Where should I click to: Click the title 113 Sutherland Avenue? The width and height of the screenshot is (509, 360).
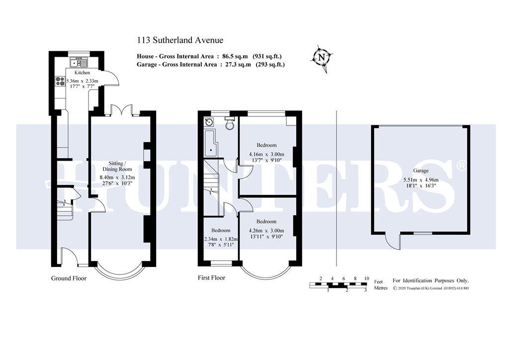(x=180, y=40)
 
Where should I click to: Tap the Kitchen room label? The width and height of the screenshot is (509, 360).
(x=82, y=73)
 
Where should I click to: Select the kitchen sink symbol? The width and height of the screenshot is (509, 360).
(x=78, y=62)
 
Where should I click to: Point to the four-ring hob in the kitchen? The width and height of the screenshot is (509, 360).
(x=60, y=81)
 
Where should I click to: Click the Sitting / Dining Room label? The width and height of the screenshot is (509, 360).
(x=117, y=166)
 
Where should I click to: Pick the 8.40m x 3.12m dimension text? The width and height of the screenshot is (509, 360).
(x=117, y=177)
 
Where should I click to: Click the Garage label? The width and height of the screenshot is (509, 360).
(x=421, y=171)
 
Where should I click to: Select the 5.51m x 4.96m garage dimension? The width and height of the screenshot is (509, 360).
(x=421, y=180)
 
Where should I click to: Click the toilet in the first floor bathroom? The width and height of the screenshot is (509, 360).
(x=230, y=123)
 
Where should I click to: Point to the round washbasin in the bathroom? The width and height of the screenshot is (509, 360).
(x=209, y=122)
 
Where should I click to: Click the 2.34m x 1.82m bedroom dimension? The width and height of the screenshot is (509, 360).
(x=221, y=239)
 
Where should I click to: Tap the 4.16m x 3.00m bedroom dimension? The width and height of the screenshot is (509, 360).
(x=266, y=154)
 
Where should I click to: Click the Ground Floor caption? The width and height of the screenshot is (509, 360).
(x=69, y=278)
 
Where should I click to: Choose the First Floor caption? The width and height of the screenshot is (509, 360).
(x=211, y=277)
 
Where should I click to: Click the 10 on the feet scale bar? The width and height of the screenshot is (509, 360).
(x=366, y=278)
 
